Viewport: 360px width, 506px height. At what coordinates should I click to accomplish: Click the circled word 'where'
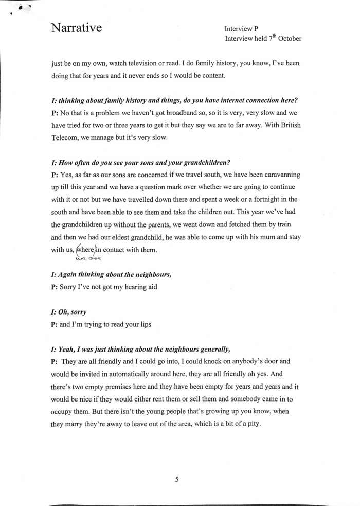coord(86,250)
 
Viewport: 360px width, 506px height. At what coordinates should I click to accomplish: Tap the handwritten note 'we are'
coord(86,259)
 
